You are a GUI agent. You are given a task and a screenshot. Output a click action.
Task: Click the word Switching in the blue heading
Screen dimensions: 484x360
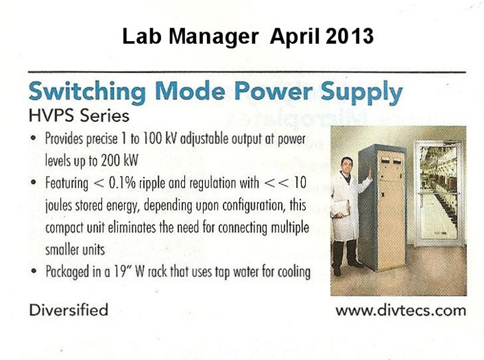point(87,91)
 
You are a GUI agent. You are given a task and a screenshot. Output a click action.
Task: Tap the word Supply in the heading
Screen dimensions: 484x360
point(361,92)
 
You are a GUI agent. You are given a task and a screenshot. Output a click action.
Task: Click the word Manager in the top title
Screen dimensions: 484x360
point(214,37)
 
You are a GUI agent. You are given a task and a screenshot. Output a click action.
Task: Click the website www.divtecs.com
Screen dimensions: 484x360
point(400,311)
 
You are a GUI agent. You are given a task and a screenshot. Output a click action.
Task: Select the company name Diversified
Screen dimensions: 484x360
point(69,310)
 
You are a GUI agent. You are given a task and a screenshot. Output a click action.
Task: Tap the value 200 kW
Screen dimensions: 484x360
point(119,160)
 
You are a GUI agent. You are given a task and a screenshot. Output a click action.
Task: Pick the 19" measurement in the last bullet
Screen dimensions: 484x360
point(123,272)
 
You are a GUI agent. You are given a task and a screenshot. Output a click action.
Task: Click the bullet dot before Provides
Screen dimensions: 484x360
point(34,138)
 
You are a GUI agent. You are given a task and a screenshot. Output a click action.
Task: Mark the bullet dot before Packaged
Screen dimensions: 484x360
point(34,271)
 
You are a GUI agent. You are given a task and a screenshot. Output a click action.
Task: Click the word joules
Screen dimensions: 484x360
point(59,206)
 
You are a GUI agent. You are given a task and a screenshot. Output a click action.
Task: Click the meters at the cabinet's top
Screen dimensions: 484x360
point(391,161)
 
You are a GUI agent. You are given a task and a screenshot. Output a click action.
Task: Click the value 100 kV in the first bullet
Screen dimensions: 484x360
point(159,139)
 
